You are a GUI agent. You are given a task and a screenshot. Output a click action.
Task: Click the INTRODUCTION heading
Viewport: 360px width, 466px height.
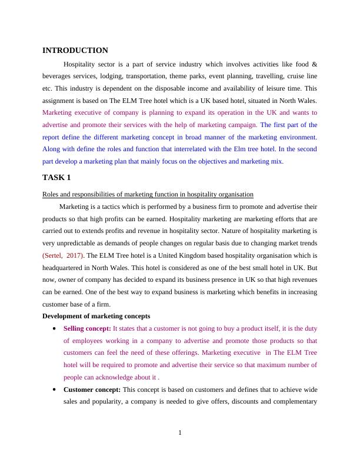coord(75,51)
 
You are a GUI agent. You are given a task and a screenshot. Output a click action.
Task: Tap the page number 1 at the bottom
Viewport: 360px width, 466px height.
coord(180,434)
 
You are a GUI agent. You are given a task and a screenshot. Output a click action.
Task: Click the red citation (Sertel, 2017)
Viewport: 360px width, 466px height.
coord(63,255)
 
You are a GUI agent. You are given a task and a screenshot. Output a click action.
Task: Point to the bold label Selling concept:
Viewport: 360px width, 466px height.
coord(87,328)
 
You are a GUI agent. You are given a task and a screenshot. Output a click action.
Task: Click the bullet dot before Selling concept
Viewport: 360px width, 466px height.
coord(55,328)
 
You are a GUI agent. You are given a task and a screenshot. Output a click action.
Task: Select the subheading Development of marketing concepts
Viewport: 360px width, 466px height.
coord(96,316)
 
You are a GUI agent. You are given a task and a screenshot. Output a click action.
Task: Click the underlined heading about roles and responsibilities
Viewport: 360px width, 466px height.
coord(148,194)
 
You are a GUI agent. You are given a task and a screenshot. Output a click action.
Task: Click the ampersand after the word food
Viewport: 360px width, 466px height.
coord(315,64)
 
